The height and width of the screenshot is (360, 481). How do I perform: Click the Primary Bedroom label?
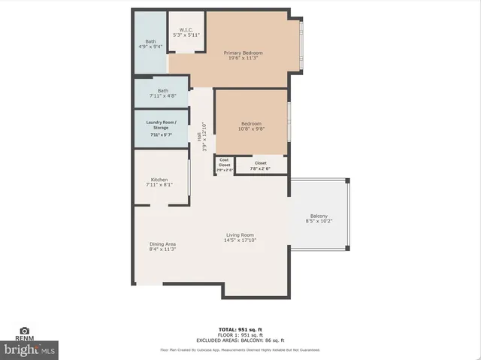click(244, 56)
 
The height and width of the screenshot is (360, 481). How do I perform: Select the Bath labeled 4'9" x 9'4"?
click(150, 44)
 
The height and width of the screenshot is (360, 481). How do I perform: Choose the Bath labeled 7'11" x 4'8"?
click(163, 93)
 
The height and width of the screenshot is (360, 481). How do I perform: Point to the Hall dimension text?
click(201, 136)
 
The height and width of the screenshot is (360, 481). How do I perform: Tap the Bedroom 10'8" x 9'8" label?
click(251, 126)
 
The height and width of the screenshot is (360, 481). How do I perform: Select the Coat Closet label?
click(224, 165)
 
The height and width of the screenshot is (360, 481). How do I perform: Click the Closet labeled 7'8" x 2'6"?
click(261, 165)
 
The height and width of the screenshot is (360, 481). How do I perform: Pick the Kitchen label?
click(159, 182)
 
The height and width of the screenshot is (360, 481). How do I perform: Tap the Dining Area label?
click(162, 247)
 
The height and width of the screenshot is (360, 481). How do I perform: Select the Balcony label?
click(319, 219)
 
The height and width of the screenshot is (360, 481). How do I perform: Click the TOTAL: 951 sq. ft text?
click(240, 329)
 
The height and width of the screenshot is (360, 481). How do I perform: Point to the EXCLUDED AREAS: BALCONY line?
click(240, 340)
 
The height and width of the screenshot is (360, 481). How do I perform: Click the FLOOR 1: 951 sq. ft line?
click(240, 334)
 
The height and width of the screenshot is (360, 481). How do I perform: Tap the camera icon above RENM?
click(25, 331)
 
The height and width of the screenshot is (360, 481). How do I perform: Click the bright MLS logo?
click(30, 349)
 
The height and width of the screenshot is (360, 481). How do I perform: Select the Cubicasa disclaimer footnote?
click(240, 350)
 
